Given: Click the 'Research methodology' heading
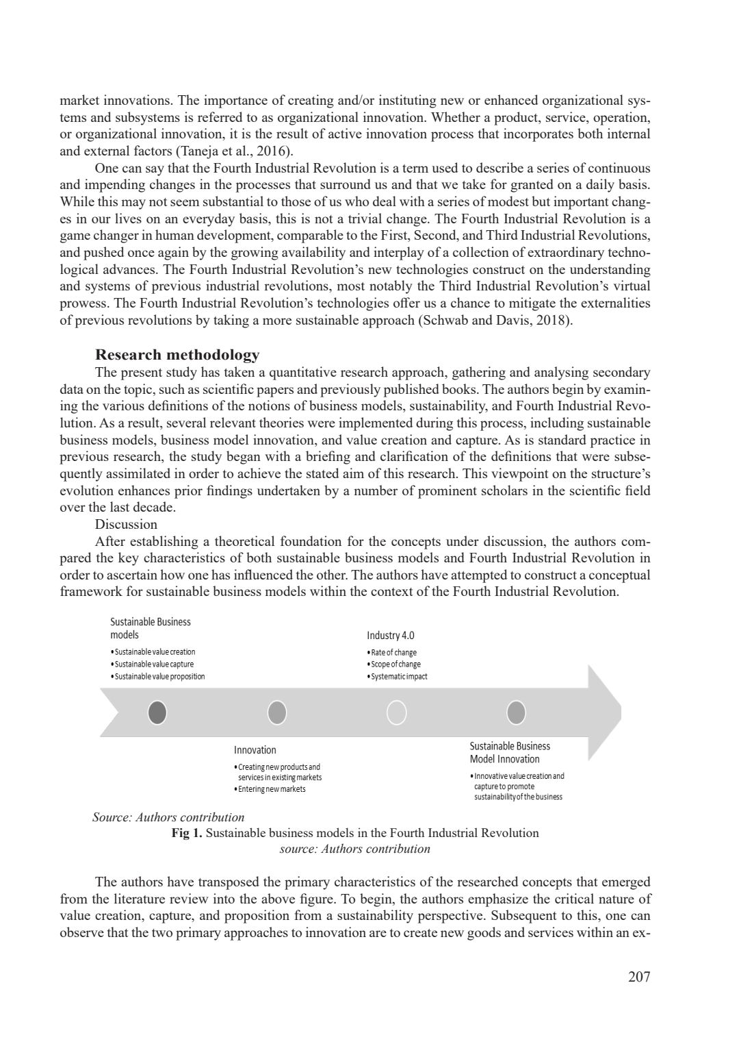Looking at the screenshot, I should pyautogui.click(x=177, y=355).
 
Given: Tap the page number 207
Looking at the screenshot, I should pyautogui.click(x=639, y=977).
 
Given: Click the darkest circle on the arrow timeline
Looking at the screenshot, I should pyautogui.click(x=157, y=713).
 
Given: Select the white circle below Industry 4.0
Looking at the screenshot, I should pyautogui.click(x=396, y=713).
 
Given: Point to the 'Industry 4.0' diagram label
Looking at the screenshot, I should pyautogui.click(x=390, y=636).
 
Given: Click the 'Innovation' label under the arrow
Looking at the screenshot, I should pyautogui.click(x=255, y=750).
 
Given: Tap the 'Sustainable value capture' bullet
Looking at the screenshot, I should pyautogui.click(x=154, y=664).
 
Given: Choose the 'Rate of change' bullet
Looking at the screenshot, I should pyautogui.click(x=393, y=653).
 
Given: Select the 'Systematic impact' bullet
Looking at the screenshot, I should pyautogui.click(x=399, y=677).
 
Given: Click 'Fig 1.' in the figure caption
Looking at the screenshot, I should pyautogui.click(x=187, y=833).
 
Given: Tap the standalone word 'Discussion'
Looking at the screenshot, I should pyautogui.click(x=126, y=525).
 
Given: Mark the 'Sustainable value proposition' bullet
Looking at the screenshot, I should pyautogui.click(x=159, y=677).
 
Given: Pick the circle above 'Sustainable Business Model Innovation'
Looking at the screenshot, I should pyautogui.click(x=516, y=713).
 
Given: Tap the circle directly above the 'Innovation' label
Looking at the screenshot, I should pyautogui.click(x=276, y=713).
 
